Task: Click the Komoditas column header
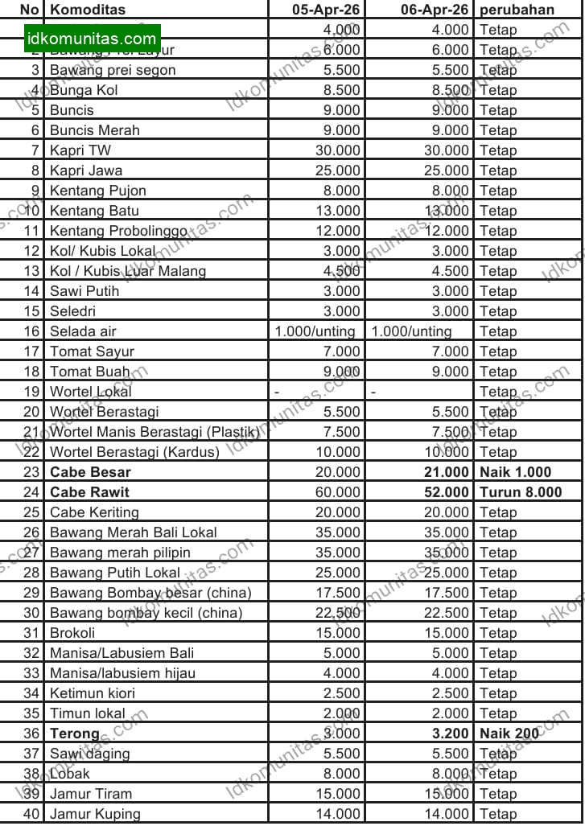tap(87, 10)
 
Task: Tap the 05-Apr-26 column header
tap(328, 10)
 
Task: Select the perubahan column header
tap(517, 10)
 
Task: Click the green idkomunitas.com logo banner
tap(92, 38)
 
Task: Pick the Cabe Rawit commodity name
tap(89, 492)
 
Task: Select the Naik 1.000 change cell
tap(516, 472)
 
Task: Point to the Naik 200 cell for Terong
tap(509, 734)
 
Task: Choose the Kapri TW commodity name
tap(80, 150)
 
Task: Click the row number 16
tap(31, 331)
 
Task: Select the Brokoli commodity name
tap(72, 633)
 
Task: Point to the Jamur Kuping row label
tap(95, 814)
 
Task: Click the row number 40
tap(31, 814)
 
